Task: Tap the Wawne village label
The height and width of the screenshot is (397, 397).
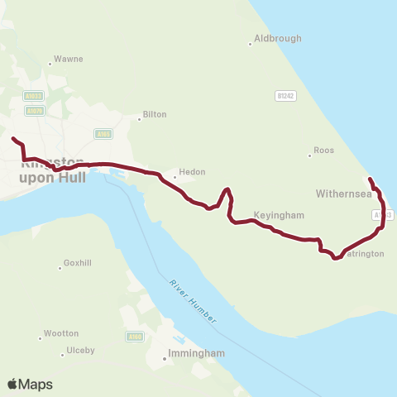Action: click(68, 60)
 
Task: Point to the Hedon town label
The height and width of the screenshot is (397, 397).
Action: click(186, 174)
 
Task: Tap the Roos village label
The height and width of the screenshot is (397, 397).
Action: click(323, 151)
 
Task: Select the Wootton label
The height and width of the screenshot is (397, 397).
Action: click(60, 334)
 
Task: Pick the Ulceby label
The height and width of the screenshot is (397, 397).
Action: click(80, 350)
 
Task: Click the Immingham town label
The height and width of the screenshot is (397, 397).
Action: click(196, 353)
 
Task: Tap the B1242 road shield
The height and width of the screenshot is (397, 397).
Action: click(285, 96)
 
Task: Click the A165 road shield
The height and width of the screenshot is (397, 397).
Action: click(103, 134)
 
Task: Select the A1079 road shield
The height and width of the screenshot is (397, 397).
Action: click(34, 110)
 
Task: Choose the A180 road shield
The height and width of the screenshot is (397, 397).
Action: click(135, 337)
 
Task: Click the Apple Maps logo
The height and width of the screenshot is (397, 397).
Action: click(31, 384)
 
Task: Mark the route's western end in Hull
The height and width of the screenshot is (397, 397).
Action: click(14, 139)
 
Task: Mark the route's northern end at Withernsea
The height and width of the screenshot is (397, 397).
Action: click(370, 179)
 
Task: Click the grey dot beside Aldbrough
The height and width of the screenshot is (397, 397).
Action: click(250, 44)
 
